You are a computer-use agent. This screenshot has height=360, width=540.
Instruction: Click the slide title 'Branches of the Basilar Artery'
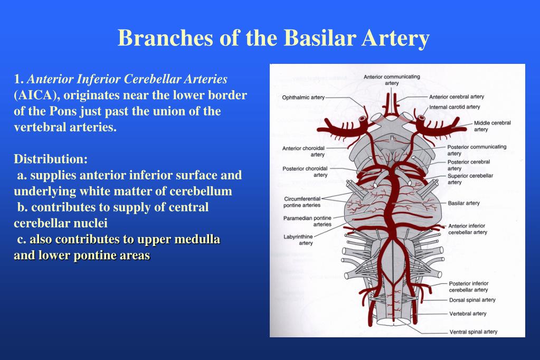point(273,38)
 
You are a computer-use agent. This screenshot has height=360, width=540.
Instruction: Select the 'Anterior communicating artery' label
point(392,80)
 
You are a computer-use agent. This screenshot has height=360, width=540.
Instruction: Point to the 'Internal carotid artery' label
point(454,107)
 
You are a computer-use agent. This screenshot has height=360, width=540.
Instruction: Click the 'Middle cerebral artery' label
point(492,126)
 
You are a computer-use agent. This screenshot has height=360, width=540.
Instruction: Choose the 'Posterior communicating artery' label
point(477,150)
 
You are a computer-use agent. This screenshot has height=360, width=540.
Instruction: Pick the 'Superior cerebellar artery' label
point(470,179)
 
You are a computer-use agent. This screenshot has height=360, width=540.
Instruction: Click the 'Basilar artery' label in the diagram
point(463,203)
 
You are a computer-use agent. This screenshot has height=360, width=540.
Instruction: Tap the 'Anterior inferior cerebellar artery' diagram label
point(467,229)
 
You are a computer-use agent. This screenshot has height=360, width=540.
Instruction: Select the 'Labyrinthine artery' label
point(298,240)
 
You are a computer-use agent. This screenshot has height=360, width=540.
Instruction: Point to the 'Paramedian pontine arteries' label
point(307,221)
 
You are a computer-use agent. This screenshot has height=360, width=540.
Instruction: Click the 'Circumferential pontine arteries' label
point(302,202)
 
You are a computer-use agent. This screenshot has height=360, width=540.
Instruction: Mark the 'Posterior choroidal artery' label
point(305,172)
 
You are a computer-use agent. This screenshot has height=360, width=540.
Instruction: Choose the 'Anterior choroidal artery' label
point(304,151)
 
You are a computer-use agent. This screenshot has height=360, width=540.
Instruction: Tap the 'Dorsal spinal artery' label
point(472,300)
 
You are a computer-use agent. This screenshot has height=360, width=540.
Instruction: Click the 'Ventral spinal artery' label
point(473,332)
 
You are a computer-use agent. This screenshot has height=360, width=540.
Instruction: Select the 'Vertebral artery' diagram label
point(468,314)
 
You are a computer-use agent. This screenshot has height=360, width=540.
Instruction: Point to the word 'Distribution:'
point(51,159)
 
